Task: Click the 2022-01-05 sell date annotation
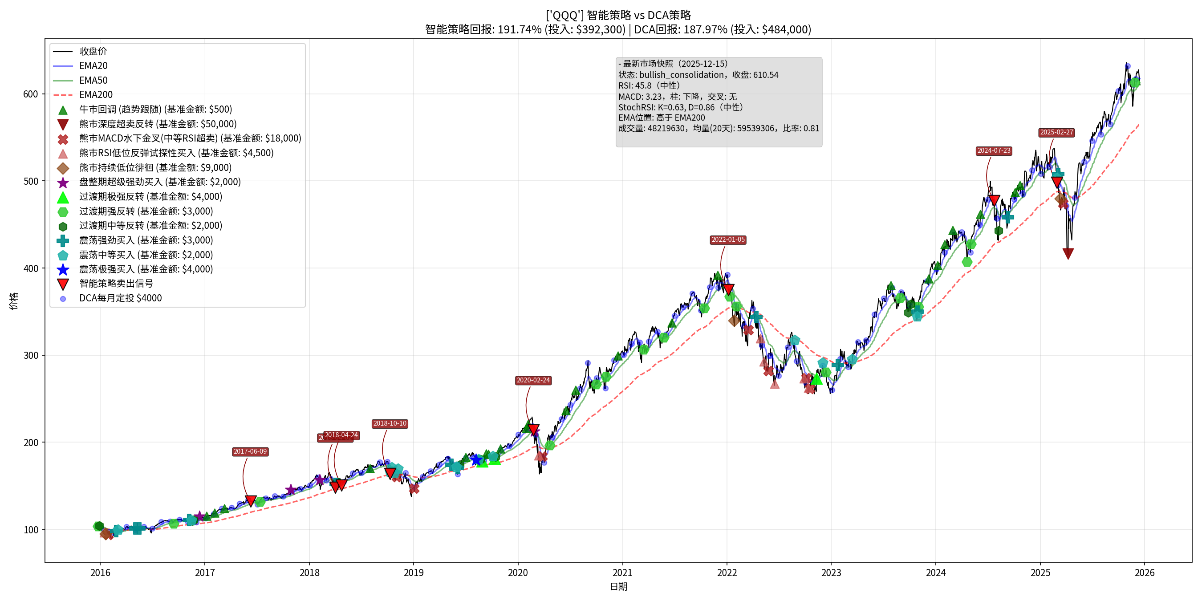click(x=728, y=240)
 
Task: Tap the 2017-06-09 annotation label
click(x=250, y=452)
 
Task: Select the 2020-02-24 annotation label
click(x=533, y=380)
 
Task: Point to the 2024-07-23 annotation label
click(x=994, y=151)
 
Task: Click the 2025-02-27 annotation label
click(x=1056, y=133)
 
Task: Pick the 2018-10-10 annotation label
click(x=390, y=424)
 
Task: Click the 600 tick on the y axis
click(x=30, y=94)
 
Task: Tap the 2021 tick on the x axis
click(x=622, y=573)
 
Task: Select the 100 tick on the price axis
click(x=30, y=530)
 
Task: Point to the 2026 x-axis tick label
click(x=1144, y=573)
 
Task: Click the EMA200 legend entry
click(x=96, y=95)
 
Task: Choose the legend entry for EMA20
click(x=93, y=66)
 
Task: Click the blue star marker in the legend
click(x=63, y=270)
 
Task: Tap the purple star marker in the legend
click(x=63, y=183)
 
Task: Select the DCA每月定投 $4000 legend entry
click(x=120, y=298)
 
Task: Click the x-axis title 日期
click(x=618, y=587)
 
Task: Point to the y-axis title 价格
click(x=13, y=301)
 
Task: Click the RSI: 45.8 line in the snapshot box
click(x=649, y=85)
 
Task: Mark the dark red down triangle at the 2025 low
click(x=1068, y=253)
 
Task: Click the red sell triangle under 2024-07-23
click(x=995, y=201)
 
